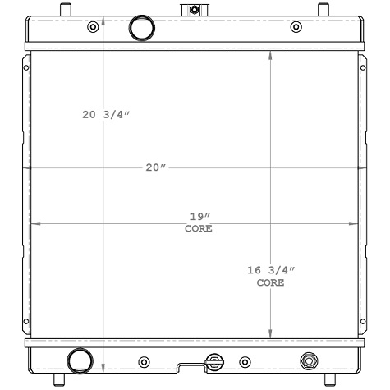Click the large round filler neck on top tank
(x=141, y=29)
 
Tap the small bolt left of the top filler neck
(x=92, y=27)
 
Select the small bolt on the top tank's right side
(x=296, y=27)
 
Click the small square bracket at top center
(x=194, y=10)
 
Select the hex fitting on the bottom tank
(x=309, y=360)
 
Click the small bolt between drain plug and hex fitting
(x=244, y=361)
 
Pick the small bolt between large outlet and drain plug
(x=145, y=361)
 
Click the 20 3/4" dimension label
(x=106, y=115)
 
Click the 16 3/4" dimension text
(x=270, y=270)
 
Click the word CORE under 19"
(x=199, y=229)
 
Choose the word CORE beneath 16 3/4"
(x=270, y=282)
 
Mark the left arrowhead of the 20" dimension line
(x=27, y=167)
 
